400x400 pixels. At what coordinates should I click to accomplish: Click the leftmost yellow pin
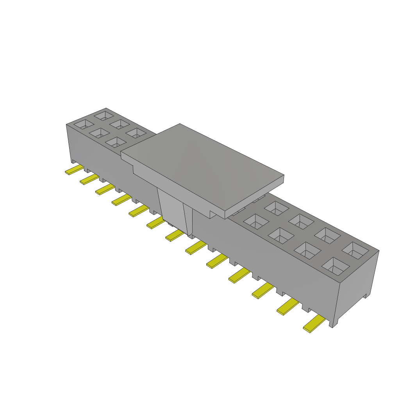click(74, 170)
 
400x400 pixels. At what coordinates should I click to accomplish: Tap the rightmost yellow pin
click(314, 324)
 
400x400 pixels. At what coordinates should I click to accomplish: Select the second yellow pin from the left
click(89, 179)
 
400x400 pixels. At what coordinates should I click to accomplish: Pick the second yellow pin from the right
click(287, 307)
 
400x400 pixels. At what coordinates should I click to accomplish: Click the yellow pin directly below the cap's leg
click(174, 235)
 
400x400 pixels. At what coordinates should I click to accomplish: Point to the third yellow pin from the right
click(262, 291)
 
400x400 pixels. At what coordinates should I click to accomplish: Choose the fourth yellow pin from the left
click(121, 200)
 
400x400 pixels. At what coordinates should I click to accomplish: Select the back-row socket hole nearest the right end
click(355, 250)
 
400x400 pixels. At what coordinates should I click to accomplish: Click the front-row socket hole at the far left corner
click(82, 124)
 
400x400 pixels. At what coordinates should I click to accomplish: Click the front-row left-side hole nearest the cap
click(116, 142)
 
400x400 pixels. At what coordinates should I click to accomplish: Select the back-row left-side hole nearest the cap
click(136, 133)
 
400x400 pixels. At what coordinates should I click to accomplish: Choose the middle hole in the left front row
click(99, 133)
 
